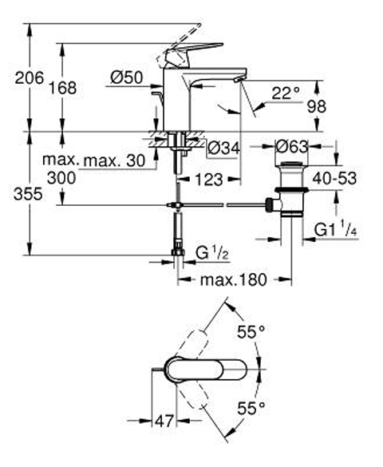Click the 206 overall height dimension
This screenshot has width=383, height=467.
coord(30,78)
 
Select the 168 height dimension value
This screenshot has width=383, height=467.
coord(62,88)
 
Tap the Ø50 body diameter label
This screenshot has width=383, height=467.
coord(127,77)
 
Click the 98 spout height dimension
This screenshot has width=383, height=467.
coord(317,106)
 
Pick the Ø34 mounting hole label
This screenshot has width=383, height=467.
coord(223,148)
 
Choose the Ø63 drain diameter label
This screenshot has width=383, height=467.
coord(292,146)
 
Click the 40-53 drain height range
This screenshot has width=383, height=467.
coord(334,178)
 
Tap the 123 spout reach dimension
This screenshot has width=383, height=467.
coord(209,180)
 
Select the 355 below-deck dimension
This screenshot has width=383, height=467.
coord(28,194)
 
